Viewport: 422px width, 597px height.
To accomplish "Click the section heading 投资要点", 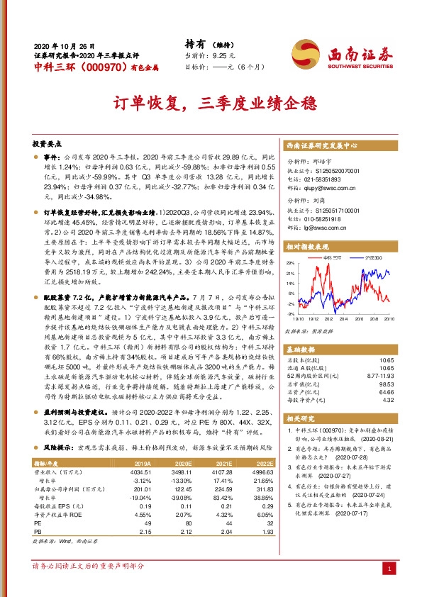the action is pyautogui.click(x=50, y=142).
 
